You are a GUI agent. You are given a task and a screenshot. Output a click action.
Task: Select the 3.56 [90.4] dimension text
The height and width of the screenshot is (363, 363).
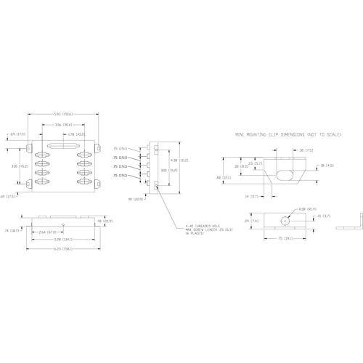click(x=62, y=124)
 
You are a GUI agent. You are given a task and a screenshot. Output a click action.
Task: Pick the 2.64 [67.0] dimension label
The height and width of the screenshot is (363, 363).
click(x=47, y=232)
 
